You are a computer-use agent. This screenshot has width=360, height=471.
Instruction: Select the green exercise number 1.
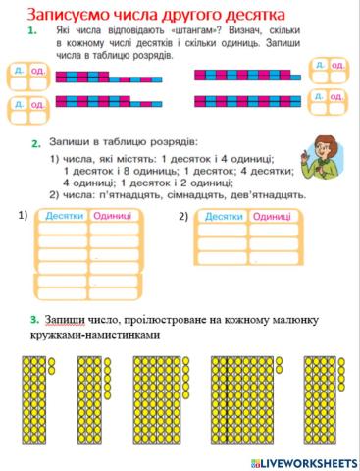[33, 32]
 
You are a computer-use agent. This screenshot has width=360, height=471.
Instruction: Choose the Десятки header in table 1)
[64, 216]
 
